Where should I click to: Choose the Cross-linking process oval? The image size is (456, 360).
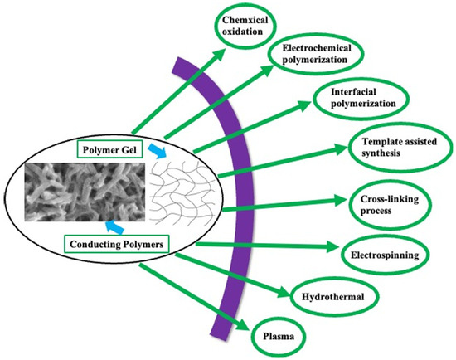[x=388, y=205]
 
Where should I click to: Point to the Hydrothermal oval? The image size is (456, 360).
[x=330, y=294]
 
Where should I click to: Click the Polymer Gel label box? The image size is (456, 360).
[x=111, y=148]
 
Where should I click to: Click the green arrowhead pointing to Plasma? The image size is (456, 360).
[x=245, y=325]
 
